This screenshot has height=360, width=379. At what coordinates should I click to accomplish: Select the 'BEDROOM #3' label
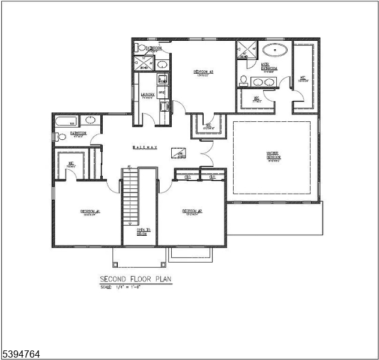point(204,73)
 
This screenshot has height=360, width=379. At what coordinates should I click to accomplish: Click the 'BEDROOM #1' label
point(89,211)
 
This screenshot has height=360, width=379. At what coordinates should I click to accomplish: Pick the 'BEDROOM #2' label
point(192,211)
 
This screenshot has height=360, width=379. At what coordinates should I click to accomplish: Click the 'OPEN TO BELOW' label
point(143,232)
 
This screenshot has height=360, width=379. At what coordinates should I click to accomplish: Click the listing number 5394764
point(21,354)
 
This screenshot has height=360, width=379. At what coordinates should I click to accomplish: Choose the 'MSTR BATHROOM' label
point(269,68)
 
